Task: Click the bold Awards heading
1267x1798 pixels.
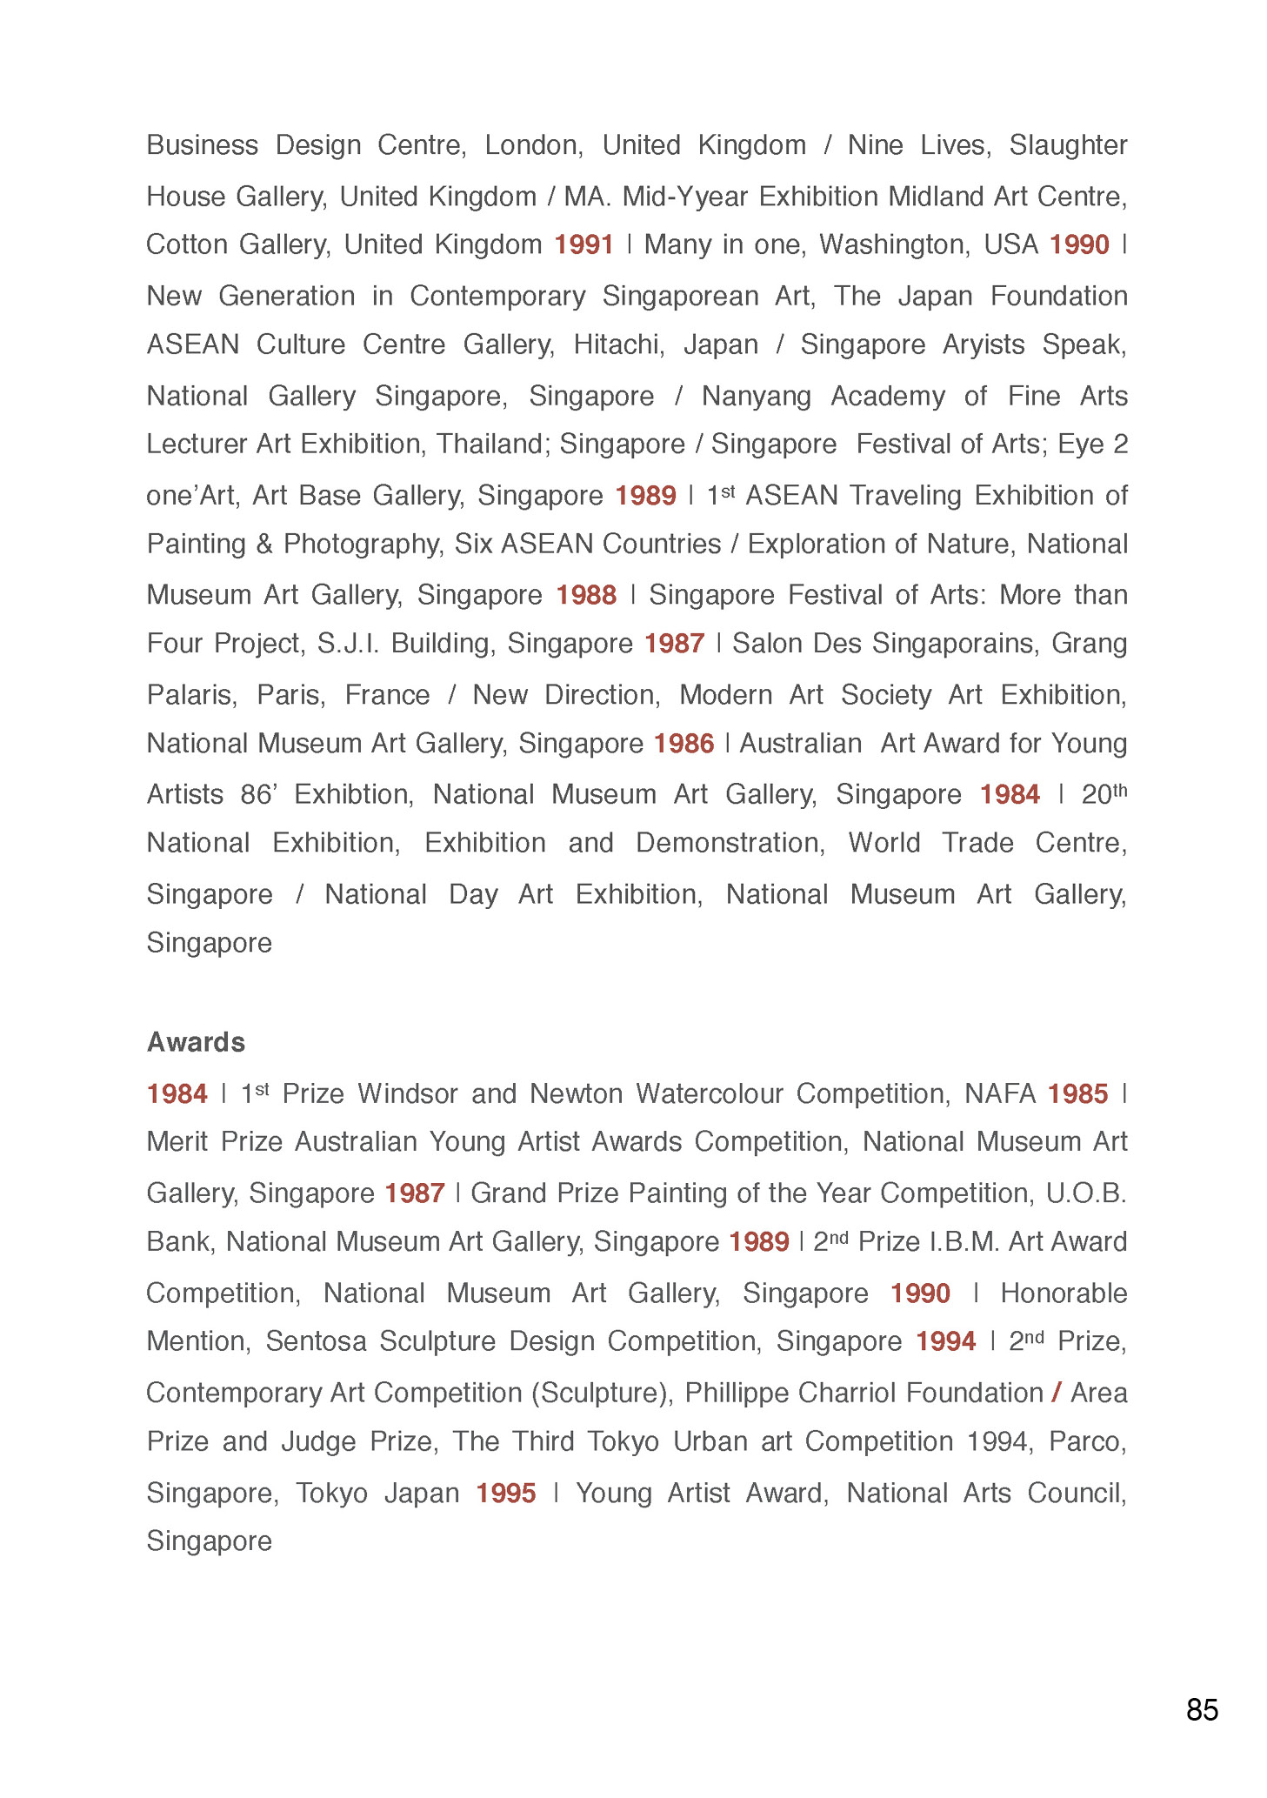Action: pyautogui.click(x=196, y=1041)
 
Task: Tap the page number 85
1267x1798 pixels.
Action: pyautogui.click(x=1202, y=1709)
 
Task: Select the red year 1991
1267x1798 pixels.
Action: pyautogui.click(x=584, y=244)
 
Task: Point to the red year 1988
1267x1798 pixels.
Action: pyautogui.click(x=586, y=595)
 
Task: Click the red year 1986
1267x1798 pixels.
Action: pyautogui.click(x=684, y=744)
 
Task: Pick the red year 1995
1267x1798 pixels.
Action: pyautogui.click(x=505, y=1493)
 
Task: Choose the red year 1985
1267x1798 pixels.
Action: pyautogui.click(x=1078, y=1093)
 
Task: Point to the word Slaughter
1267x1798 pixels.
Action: pyautogui.click(x=1068, y=144)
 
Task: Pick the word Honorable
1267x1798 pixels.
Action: pyautogui.click(x=1064, y=1293)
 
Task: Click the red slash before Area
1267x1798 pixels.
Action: pyautogui.click(x=1057, y=1393)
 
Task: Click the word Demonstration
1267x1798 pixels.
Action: pyautogui.click(x=730, y=843)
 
